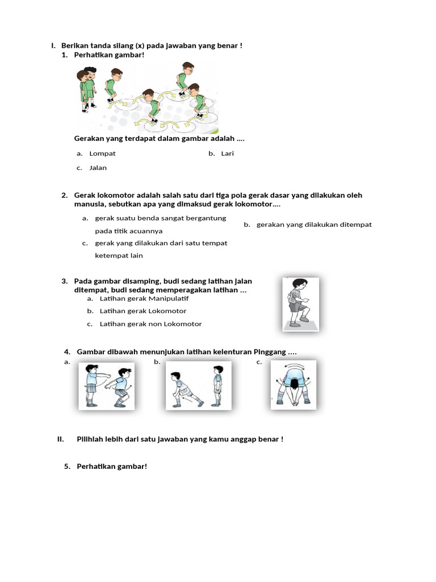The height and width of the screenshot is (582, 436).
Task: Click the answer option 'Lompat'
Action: (103, 153)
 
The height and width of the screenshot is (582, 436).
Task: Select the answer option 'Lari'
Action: (227, 153)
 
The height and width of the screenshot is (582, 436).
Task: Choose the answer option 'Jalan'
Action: (98, 168)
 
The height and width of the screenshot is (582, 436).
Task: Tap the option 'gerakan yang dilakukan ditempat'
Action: (314, 225)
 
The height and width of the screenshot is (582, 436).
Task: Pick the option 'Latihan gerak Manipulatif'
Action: (144, 298)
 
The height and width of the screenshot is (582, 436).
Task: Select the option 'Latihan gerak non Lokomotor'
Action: (150, 324)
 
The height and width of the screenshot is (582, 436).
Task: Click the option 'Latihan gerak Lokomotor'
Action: (143, 311)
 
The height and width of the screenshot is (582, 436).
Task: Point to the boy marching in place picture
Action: (301, 304)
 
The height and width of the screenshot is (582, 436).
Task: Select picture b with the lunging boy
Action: (199, 385)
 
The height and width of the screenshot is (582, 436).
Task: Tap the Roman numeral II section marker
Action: (60, 439)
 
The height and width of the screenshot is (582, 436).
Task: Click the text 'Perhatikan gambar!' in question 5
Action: (112, 467)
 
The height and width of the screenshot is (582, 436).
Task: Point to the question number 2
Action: (65, 196)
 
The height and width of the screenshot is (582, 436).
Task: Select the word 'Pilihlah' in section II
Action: (91, 439)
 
